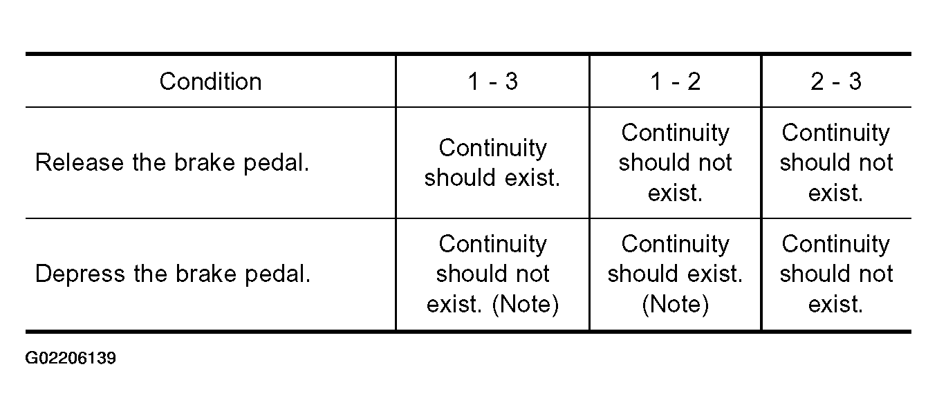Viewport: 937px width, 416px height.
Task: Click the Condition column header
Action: [210, 81]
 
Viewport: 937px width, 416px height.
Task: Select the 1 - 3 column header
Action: [493, 81]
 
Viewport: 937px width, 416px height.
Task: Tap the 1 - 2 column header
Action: [675, 81]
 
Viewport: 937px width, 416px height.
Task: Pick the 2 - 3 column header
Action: [836, 81]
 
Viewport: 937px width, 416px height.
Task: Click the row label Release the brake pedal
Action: [172, 162]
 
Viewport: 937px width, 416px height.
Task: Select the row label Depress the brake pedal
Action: [173, 274]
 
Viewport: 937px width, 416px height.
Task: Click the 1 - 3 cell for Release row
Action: [492, 162]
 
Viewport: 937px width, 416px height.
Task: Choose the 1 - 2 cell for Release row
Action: [675, 162]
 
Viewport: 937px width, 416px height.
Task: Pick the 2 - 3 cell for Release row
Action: [836, 162]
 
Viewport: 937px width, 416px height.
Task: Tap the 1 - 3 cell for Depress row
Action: [493, 274]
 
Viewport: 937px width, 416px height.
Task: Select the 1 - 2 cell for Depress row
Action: [675, 274]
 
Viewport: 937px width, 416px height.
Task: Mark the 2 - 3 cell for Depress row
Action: [836, 274]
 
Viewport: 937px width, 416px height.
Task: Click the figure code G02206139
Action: [71, 359]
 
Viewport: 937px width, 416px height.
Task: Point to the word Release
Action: [80, 162]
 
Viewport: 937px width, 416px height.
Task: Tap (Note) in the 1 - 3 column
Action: [526, 304]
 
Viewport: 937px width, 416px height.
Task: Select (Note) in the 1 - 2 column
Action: [675, 304]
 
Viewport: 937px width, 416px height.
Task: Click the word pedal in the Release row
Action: [276, 162]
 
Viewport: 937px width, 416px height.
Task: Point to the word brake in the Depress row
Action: [206, 274]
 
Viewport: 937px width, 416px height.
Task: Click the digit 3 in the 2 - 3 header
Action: [855, 81]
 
